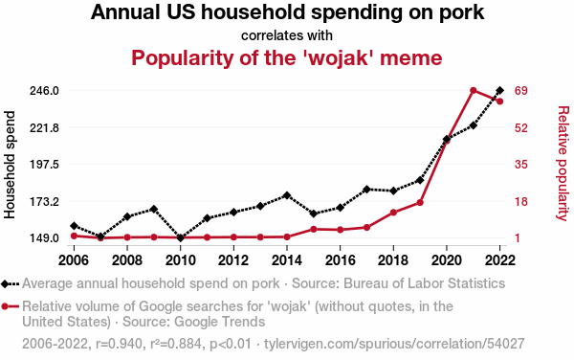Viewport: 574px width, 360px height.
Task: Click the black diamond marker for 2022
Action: [x=499, y=90]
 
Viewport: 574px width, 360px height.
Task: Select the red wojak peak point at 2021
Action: [x=473, y=90]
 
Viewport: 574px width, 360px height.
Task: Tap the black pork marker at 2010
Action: [x=180, y=238]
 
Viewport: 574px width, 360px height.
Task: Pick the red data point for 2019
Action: [x=420, y=203]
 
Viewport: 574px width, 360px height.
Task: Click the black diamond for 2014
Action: [x=287, y=195]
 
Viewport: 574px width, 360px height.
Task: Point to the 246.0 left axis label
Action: [x=44, y=90]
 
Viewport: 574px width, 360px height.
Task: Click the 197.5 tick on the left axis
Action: [x=44, y=165]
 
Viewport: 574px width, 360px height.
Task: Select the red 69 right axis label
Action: [x=521, y=90]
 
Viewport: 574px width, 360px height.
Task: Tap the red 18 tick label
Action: [x=521, y=201]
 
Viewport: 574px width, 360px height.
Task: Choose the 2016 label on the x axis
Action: [x=340, y=260]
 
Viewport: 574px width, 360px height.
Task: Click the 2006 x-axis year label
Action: [x=74, y=260]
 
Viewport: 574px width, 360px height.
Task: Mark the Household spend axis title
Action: [x=10, y=165]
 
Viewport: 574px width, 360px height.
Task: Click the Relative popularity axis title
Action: [x=563, y=164]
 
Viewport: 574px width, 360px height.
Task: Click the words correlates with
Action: [x=287, y=35]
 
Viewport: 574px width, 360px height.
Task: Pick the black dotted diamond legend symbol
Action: [x=10, y=283]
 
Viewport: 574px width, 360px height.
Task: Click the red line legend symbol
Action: [x=10, y=306]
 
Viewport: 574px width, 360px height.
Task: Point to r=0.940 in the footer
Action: [x=120, y=344]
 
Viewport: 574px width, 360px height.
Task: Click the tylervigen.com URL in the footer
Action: [x=394, y=344]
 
